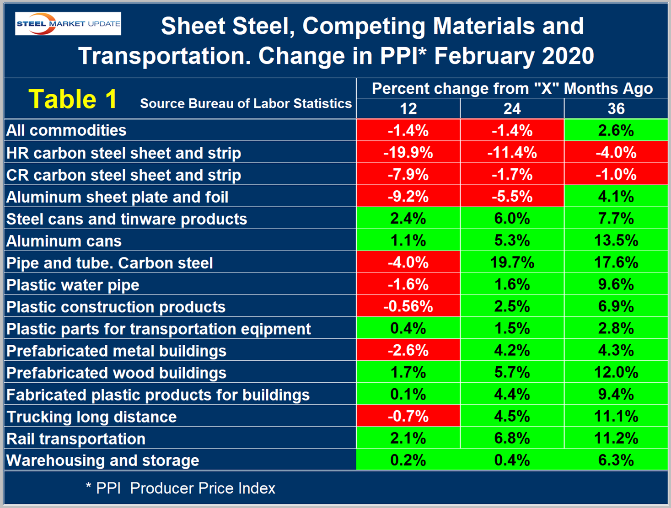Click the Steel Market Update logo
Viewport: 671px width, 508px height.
(68, 23)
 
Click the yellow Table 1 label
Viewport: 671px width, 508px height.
(73, 99)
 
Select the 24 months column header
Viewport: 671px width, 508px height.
(512, 109)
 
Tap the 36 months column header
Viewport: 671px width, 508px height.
(616, 109)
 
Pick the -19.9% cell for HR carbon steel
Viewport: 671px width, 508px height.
(408, 152)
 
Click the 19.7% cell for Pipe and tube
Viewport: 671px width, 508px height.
(512, 262)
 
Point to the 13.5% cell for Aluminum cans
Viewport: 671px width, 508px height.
(616, 241)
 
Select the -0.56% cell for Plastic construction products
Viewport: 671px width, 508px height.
(408, 306)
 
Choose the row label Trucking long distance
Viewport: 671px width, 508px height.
(91, 417)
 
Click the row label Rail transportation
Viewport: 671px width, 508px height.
(76, 439)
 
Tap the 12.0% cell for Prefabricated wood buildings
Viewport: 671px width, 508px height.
(616, 373)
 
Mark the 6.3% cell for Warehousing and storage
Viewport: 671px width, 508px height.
(616, 460)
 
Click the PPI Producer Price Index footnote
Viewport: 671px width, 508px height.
(181, 488)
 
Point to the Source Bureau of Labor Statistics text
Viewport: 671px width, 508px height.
(246, 104)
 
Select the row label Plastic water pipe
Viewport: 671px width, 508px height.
(73, 285)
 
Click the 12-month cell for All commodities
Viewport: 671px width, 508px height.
(408, 131)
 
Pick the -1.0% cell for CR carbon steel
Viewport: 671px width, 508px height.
(616, 175)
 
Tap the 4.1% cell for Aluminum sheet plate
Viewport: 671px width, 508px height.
(616, 197)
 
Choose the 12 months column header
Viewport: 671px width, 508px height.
(408, 109)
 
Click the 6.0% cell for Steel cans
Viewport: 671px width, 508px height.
(512, 219)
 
